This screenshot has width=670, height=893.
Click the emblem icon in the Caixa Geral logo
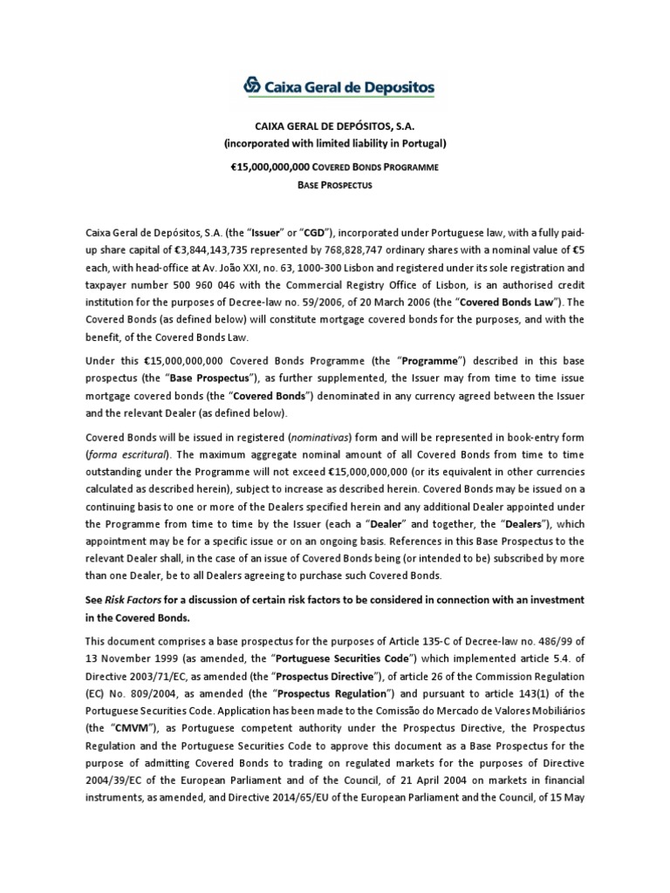coord(251,85)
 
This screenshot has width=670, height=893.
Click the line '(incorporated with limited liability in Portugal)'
coord(334,142)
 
